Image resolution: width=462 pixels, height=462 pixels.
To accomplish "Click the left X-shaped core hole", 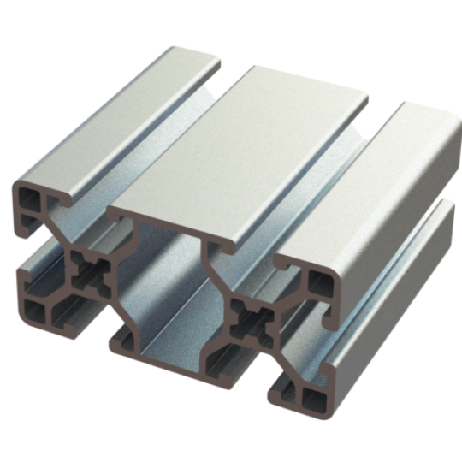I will (88, 273).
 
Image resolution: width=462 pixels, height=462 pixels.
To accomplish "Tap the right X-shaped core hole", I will (255, 323).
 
